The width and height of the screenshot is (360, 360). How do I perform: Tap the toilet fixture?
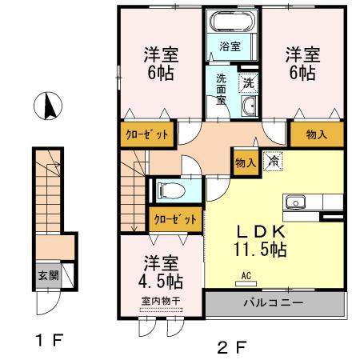tap(170, 190)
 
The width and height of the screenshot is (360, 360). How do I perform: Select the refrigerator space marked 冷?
tap(274, 160)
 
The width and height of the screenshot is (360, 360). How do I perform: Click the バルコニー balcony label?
tap(273, 304)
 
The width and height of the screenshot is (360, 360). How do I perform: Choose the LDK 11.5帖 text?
tap(258, 238)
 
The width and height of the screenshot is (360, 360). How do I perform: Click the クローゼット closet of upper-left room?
tap(146, 134)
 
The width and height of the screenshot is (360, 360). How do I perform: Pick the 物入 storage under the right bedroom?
tap(316, 134)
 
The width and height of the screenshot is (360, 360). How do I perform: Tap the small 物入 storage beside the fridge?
tap(245, 162)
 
